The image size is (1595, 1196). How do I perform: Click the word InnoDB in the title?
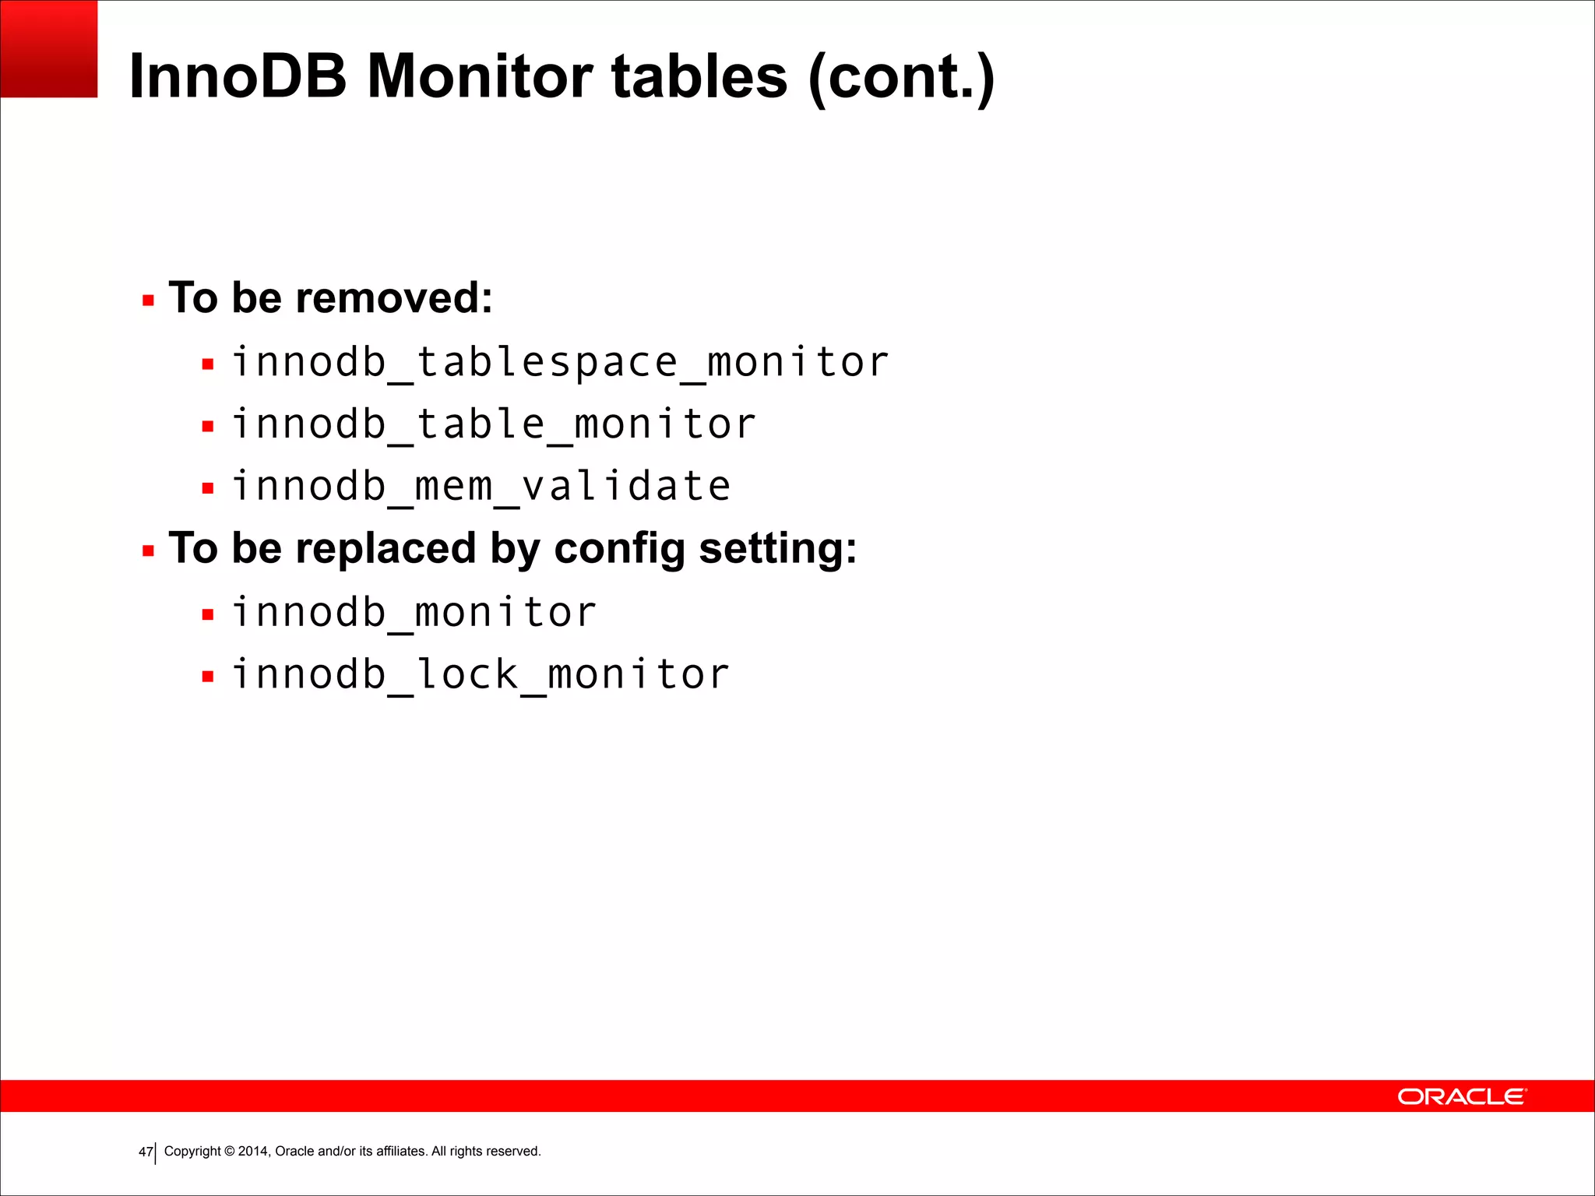(238, 76)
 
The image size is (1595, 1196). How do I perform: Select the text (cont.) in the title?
(901, 76)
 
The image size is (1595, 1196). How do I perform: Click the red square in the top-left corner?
(48, 48)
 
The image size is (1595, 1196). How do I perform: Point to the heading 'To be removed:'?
(331, 298)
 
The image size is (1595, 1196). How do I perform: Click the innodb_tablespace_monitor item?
(560, 363)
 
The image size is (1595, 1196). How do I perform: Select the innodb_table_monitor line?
(494, 425)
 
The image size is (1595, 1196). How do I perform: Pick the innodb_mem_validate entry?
(481, 487)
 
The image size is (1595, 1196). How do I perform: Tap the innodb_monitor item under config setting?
(414, 613)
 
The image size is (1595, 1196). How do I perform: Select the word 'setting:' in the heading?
(778, 548)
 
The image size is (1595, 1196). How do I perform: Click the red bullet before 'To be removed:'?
(148, 301)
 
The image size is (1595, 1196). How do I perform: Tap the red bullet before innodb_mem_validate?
(207, 489)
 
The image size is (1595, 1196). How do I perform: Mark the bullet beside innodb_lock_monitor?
(207, 677)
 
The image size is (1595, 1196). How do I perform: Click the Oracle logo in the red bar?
(1462, 1096)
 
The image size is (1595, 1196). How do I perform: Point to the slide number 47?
(146, 1152)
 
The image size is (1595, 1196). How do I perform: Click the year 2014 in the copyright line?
(252, 1151)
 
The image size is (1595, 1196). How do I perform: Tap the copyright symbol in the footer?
(230, 1151)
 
